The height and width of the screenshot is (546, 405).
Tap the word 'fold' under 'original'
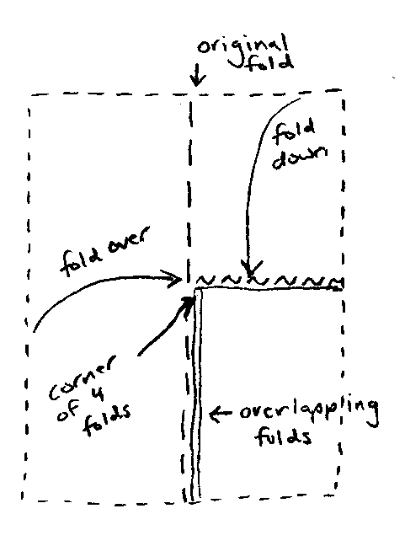coord(269,63)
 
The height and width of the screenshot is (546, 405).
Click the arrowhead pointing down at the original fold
coord(197,79)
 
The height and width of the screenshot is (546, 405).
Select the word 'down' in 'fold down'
coord(299,158)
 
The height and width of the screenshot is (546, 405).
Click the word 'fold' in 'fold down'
coord(293,131)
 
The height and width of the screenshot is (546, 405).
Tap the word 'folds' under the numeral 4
coord(106,420)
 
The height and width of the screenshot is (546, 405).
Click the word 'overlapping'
coord(309,413)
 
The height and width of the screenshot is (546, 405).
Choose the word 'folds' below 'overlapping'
coord(283,436)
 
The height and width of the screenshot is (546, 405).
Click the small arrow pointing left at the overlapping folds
coord(220,414)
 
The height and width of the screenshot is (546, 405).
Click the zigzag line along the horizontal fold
coord(268,280)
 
